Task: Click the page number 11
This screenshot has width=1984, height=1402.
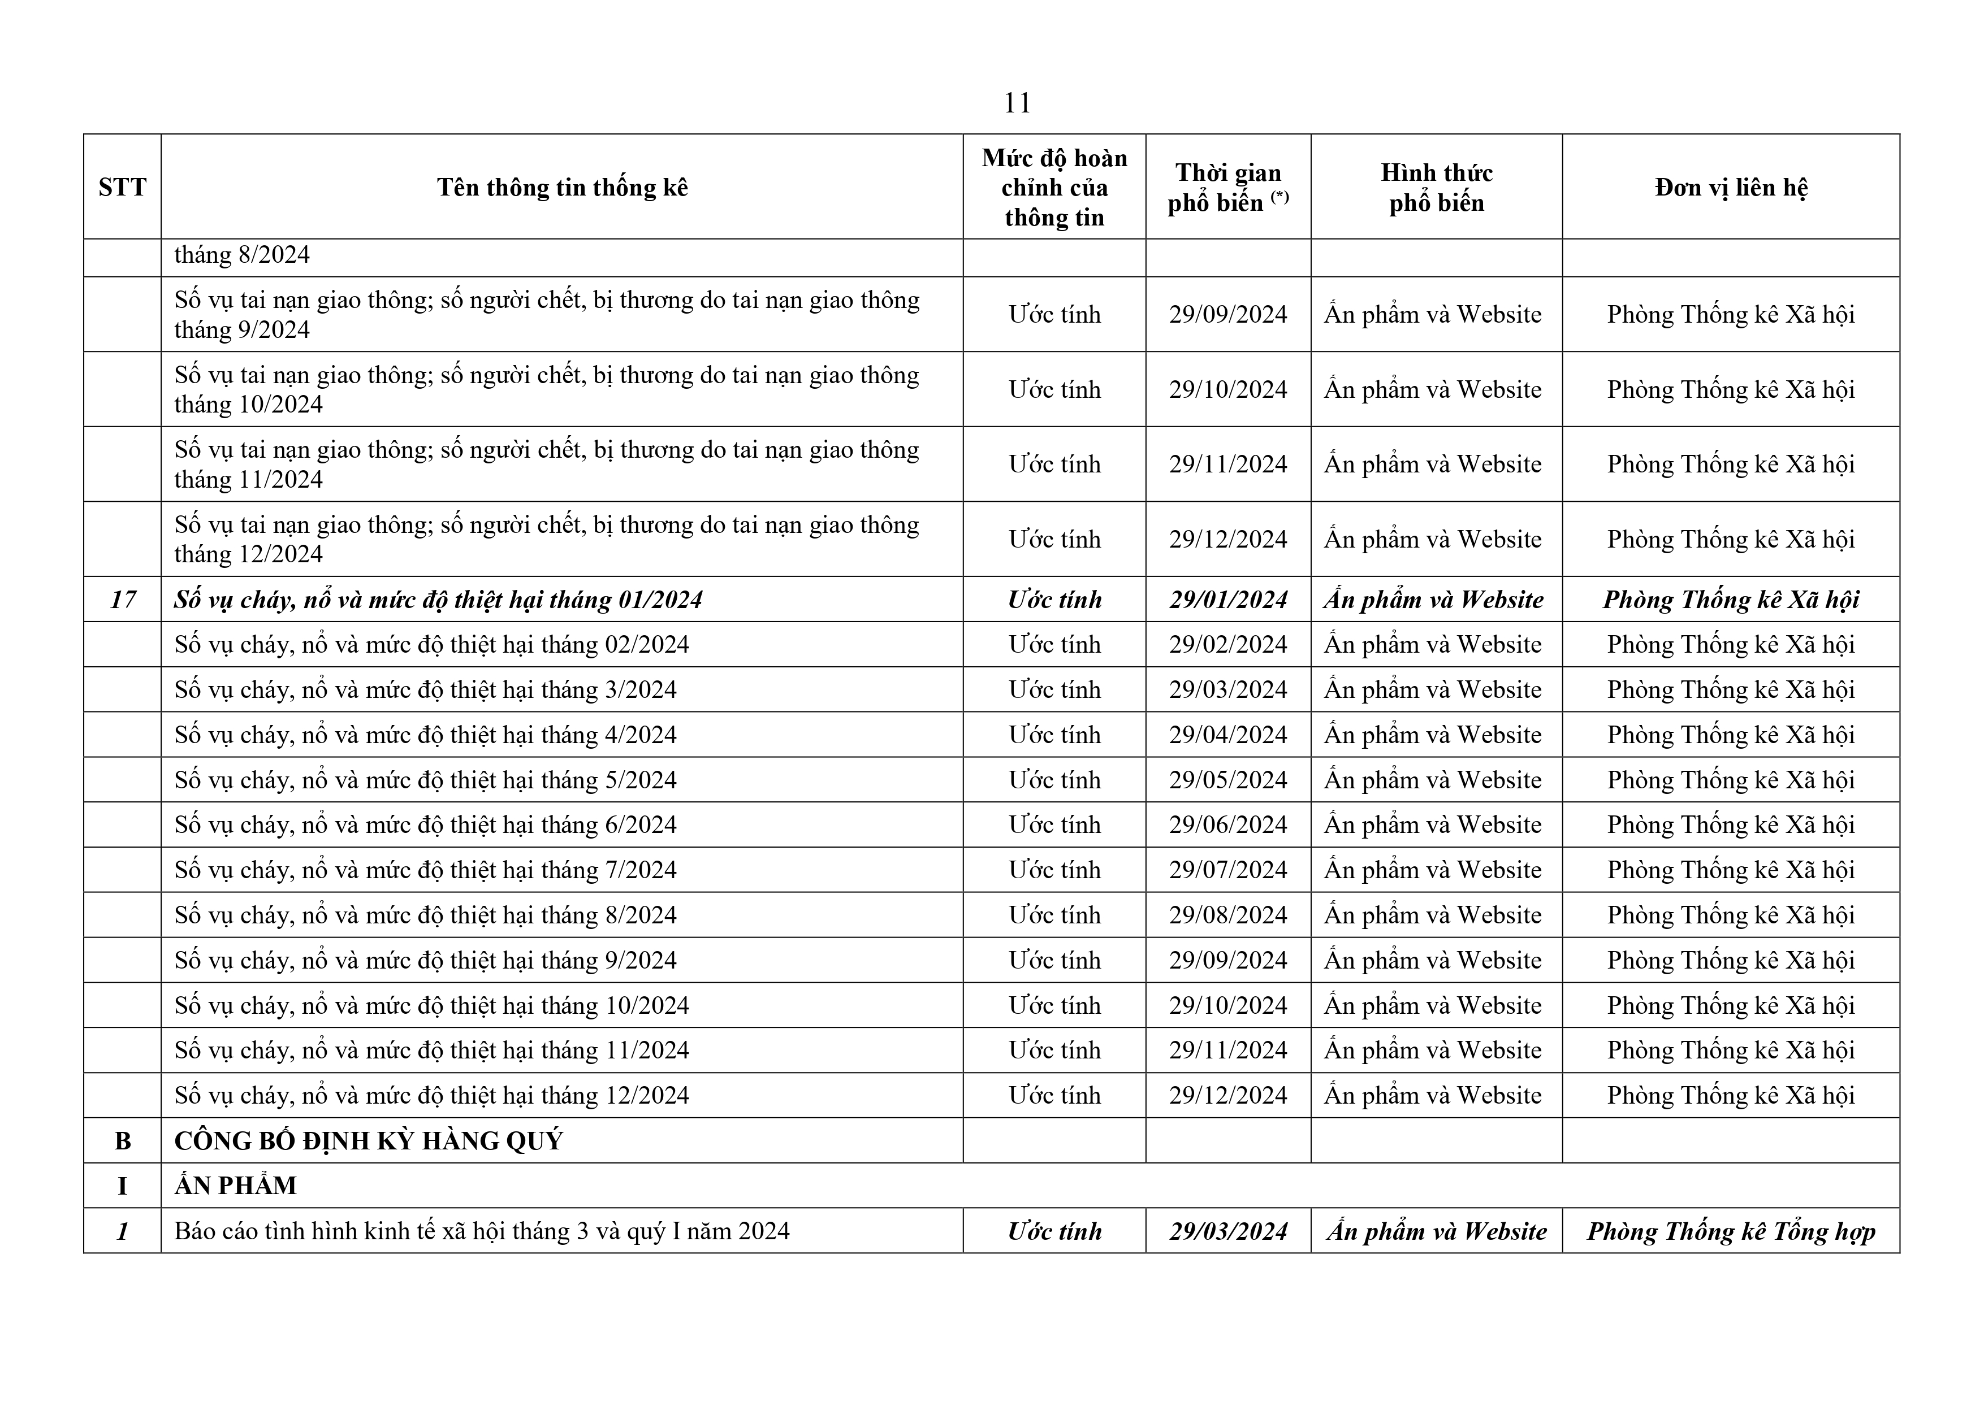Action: click(1017, 103)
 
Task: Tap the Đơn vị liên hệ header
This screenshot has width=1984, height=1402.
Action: click(1731, 188)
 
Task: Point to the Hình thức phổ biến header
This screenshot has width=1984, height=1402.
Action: click(1436, 188)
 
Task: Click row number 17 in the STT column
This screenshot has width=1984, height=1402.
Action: click(123, 600)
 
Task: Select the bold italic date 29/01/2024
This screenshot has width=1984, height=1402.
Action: click(1228, 600)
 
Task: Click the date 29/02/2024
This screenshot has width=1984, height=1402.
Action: click(1228, 644)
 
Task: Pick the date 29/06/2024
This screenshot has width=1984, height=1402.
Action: click(1228, 825)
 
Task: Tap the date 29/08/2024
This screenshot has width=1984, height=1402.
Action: click(1228, 915)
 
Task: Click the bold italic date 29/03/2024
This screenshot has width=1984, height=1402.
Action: click(1228, 1231)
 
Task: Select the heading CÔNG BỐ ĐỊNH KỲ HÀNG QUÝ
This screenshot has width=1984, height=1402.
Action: click(368, 1141)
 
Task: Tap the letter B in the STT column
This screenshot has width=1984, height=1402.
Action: click(123, 1141)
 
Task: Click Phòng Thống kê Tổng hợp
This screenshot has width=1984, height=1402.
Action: click(1731, 1231)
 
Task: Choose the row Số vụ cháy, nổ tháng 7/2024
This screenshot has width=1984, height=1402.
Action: click(425, 870)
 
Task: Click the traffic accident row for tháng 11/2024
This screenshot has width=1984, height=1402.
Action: click(546, 464)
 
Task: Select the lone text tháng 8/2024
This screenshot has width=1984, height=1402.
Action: click(242, 255)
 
